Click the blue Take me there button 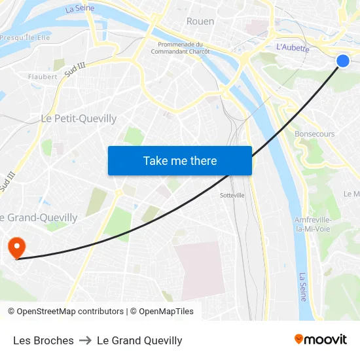(x=180, y=160)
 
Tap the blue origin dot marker (x=343, y=61)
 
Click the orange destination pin (x=16, y=247)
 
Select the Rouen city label (x=200, y=21)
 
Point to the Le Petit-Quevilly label (x=79, y=118)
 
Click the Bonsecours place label (x=315, y=134)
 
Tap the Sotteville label (x=232, y=195)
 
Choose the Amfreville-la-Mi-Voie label (x=313, y=224)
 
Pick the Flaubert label (x=43, y=77)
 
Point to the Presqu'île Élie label (x=25, y=38)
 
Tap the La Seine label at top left (x=80, y=9)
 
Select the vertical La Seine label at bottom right (x=302, y=287)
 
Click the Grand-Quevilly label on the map (x=41, y=217)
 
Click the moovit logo (x=320, y=339)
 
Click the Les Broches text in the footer (x=43, y=340)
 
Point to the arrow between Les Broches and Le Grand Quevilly (x=85, y=340)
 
